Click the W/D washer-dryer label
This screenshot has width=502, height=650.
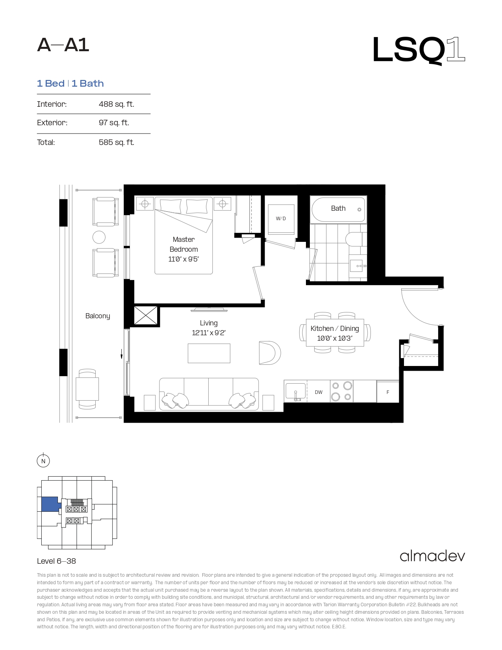click(x=281, y=219)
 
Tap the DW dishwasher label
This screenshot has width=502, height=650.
click(x=319, y=392)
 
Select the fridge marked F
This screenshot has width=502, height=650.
click(x=388, y=392)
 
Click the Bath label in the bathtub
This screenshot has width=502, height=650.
click(x=338, y=208)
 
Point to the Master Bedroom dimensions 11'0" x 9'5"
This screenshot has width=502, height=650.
click(x=183, y=259)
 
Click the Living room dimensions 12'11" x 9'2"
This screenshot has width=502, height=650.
click(x=209, y=332)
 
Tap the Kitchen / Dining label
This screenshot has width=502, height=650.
click(x=335, y=329)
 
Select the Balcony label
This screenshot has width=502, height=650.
click(x=98, y=316)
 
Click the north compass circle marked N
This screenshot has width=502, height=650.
click(x=43, y=461)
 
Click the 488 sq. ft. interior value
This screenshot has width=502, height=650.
click(x=116, y=104)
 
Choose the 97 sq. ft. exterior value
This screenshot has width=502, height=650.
click(x=114, y=123)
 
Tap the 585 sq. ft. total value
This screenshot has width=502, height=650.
click(x=116, y=142)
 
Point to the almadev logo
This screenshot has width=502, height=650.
click(x=432, y=556)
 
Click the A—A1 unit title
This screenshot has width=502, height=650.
click(x=63, y=45)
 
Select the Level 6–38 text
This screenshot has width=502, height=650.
click(x=56, y=561)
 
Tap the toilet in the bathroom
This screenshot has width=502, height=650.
click(x=354, y=239)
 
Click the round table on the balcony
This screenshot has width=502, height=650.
click(x=99, y=238)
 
